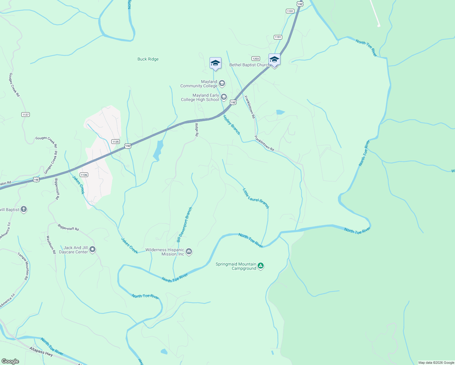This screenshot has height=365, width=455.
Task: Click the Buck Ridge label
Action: pos(148,59)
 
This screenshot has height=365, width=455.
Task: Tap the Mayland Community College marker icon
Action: pos(222,83)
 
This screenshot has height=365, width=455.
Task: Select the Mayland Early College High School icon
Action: pos(224,97)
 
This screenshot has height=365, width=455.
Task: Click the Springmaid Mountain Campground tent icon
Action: pos(261,266)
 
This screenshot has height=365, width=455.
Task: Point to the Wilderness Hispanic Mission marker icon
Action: pos(189,252)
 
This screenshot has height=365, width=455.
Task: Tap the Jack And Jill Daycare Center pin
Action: pos(93,249)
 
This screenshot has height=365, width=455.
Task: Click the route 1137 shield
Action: pos(26,115)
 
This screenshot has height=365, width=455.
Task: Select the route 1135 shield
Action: pos(116,142)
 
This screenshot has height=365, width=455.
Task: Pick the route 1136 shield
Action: pos(84,175)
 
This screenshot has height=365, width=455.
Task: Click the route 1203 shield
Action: pos(255,59)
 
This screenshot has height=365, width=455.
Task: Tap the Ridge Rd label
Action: pos(197,130)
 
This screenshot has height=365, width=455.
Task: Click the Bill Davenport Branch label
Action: pos(185,224)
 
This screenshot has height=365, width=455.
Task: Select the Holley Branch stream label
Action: pos(232,125)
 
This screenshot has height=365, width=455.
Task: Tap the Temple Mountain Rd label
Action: pos(23,266)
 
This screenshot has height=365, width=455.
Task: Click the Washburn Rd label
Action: pos(51,245)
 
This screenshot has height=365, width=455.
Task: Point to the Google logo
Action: pos(10,361)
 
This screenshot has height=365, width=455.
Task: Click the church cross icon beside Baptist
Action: pos(24,209)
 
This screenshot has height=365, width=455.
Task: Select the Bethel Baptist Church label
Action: pos(249,65)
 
